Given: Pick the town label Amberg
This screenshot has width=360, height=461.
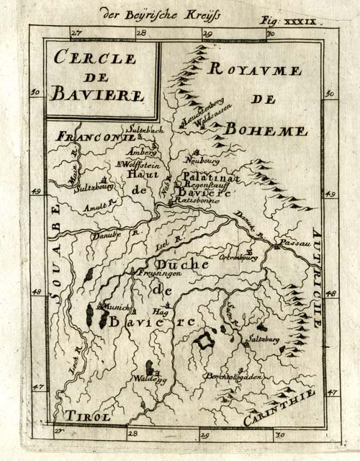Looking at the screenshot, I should (140, 153).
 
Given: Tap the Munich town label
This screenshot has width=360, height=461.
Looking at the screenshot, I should (117, 307).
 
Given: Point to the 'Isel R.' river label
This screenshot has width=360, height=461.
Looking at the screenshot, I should (167, 243).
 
